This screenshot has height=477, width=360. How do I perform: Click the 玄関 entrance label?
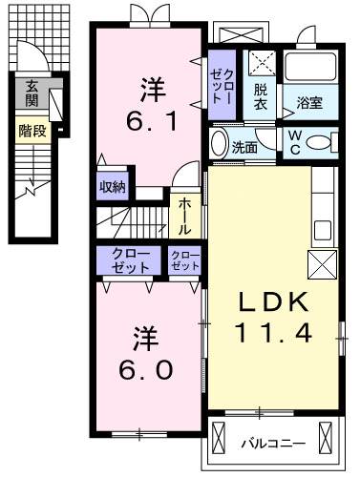point(32,93)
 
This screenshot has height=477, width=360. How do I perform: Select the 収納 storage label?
point(112,187)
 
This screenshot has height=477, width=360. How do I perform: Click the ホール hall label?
point(183,216)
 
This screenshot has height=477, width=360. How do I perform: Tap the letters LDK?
point(271,303)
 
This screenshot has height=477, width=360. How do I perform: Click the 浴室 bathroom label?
point(308,102)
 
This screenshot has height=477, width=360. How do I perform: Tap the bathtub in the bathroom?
point(311,69)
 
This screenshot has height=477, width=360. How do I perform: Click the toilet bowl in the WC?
point(324,140)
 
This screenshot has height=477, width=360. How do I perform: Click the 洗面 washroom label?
point(244,148)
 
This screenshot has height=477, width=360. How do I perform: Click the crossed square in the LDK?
point(319,264)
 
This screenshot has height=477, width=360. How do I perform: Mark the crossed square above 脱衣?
point(261,64)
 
